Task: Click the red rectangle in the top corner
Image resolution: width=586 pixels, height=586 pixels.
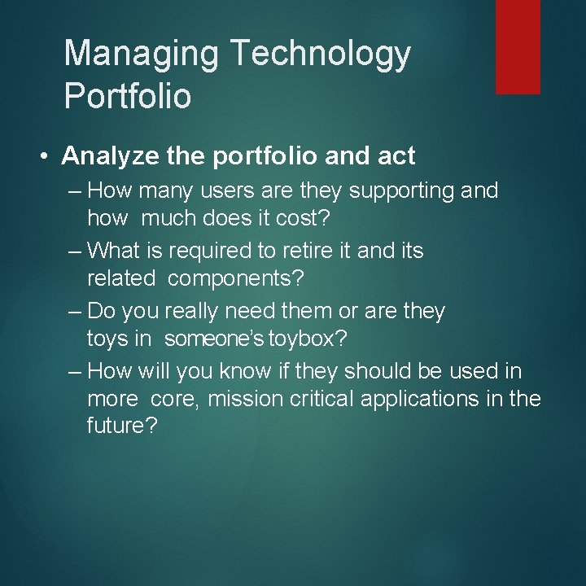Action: [x=518, y=46]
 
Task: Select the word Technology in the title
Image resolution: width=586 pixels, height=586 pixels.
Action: [x=321, y=54]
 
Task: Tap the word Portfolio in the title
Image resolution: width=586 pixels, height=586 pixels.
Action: [x=128, y=96]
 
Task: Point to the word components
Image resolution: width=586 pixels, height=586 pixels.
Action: [x=236, y=279]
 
